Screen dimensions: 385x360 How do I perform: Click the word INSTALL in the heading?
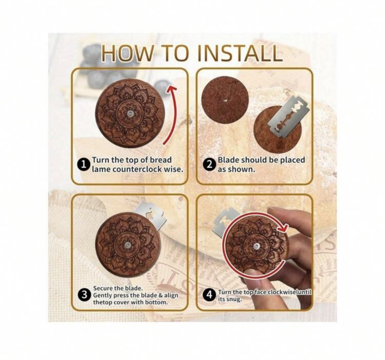coord(240,53)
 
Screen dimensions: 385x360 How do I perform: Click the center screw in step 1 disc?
coord(130,113)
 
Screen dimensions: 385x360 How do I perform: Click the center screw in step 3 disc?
coord(127,245)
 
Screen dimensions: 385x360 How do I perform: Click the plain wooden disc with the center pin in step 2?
coord(225,100)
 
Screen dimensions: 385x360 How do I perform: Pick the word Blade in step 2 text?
coord(229,160)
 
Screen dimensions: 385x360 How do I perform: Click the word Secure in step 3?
coord(103,288)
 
